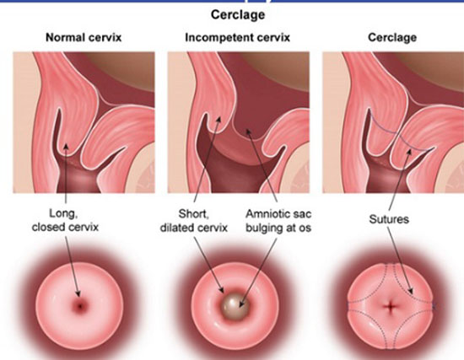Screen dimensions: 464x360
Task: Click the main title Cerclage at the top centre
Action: (x=238, y=15)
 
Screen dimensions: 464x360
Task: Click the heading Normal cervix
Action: (x=84, y=38)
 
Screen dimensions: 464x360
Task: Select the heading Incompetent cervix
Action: (x=237, y=38)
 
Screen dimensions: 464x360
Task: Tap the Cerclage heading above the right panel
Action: (x=392, y=38)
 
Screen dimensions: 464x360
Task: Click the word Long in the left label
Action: (x=63, y=213)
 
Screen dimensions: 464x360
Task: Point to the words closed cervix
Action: (x=65, y=227)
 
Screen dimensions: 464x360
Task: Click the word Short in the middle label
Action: (x=194, y=214)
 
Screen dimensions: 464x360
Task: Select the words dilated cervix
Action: (x=194, y=228)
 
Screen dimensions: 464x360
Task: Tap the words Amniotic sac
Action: (x=278, y=214)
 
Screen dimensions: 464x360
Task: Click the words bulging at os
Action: (x=278, y=228)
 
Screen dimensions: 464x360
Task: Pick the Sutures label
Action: (x=389, y=219)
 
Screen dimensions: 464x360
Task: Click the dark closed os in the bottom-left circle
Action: (x=80, y=306)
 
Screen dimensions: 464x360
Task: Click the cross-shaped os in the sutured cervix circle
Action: (x=391, y=306)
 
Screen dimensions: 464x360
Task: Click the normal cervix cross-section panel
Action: (x=84, y=122)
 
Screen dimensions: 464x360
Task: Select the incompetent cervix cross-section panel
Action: (x=239, y=122)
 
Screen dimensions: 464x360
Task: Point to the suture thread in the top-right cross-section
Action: (x=398, y=133)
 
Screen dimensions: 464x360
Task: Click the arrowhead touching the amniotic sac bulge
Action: (x=240, y=305)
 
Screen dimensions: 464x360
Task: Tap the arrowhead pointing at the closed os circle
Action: (x=78, y=293)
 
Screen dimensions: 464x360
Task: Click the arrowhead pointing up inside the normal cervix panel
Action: (x=66, y=146)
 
